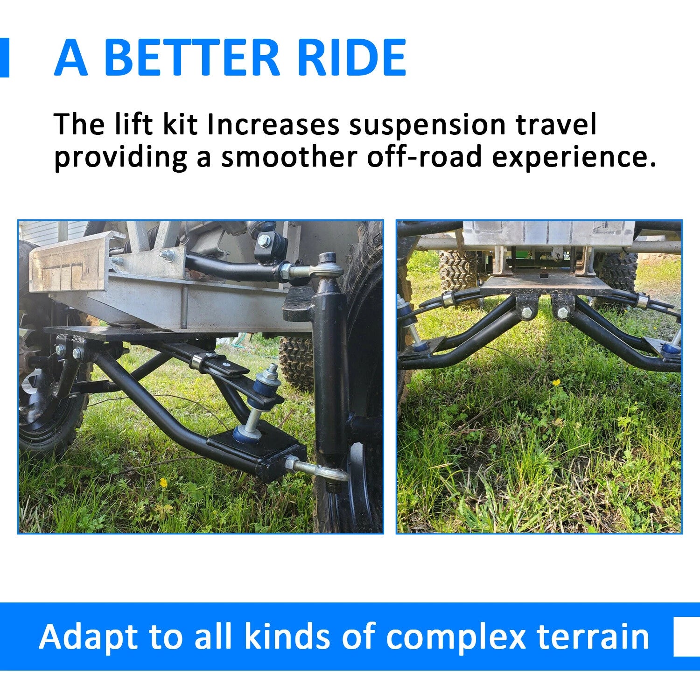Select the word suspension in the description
[x=427, y=126]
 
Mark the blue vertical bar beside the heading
[x=4, y=57]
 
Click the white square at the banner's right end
[x=687, y=637]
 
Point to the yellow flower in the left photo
[x=163, y=481]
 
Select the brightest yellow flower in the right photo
[x=556, y=383]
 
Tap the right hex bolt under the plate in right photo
[x=562, y=312]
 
